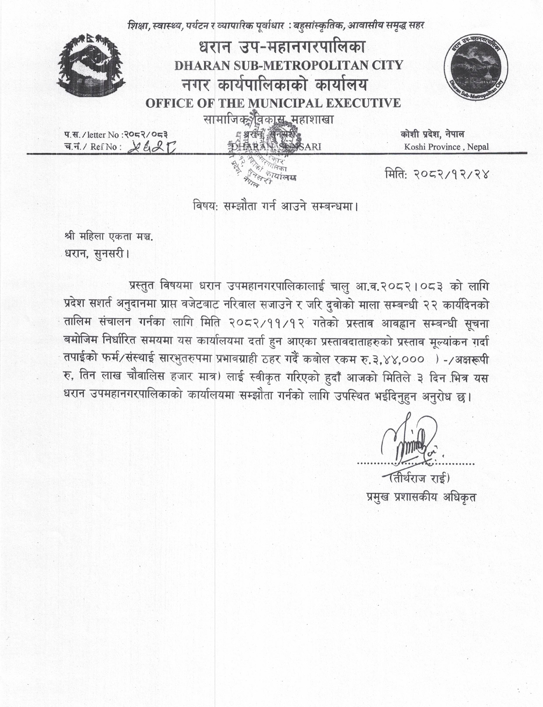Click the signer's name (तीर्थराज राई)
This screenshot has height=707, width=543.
click(x=419, y=478)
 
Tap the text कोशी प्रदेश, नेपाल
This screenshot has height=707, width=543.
click(x=432, y=135)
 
